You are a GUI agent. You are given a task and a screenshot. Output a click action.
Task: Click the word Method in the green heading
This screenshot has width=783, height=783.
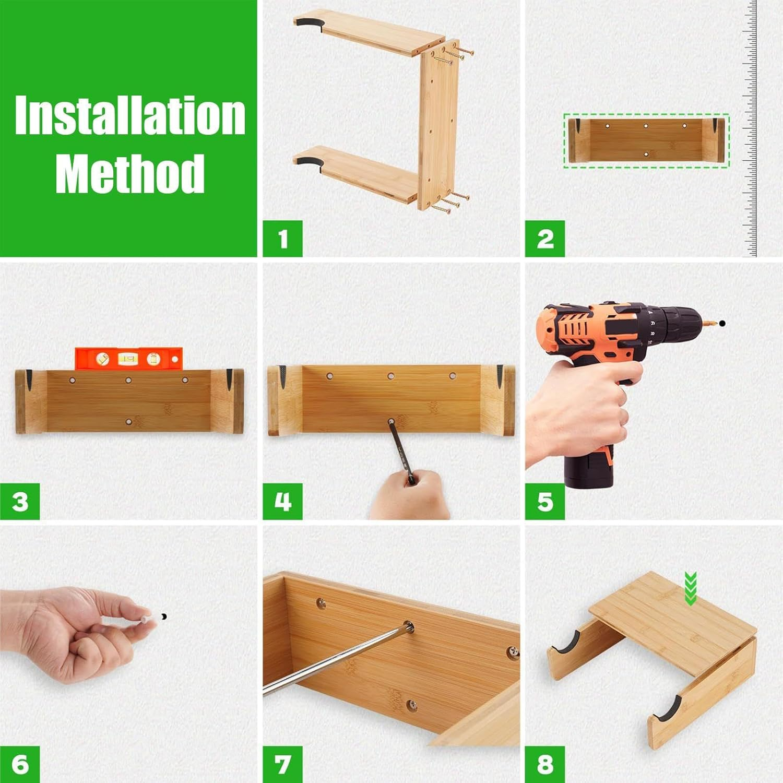click(x=129, y=173)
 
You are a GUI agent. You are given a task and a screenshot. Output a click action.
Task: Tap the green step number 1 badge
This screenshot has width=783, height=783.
click(x=282, y=239)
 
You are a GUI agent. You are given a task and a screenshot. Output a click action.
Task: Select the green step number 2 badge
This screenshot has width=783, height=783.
click(x=544, y=239)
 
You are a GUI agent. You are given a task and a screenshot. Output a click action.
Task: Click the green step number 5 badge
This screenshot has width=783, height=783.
click(x=544, y=501)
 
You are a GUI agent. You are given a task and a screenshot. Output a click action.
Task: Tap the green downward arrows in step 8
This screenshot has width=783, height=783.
click(x=691, y=589)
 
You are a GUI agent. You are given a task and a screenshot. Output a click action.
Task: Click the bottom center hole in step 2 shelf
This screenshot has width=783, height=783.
click(x=646, y=155)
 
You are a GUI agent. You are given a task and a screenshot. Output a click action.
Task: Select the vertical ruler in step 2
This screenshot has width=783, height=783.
click(x=750, y=128)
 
